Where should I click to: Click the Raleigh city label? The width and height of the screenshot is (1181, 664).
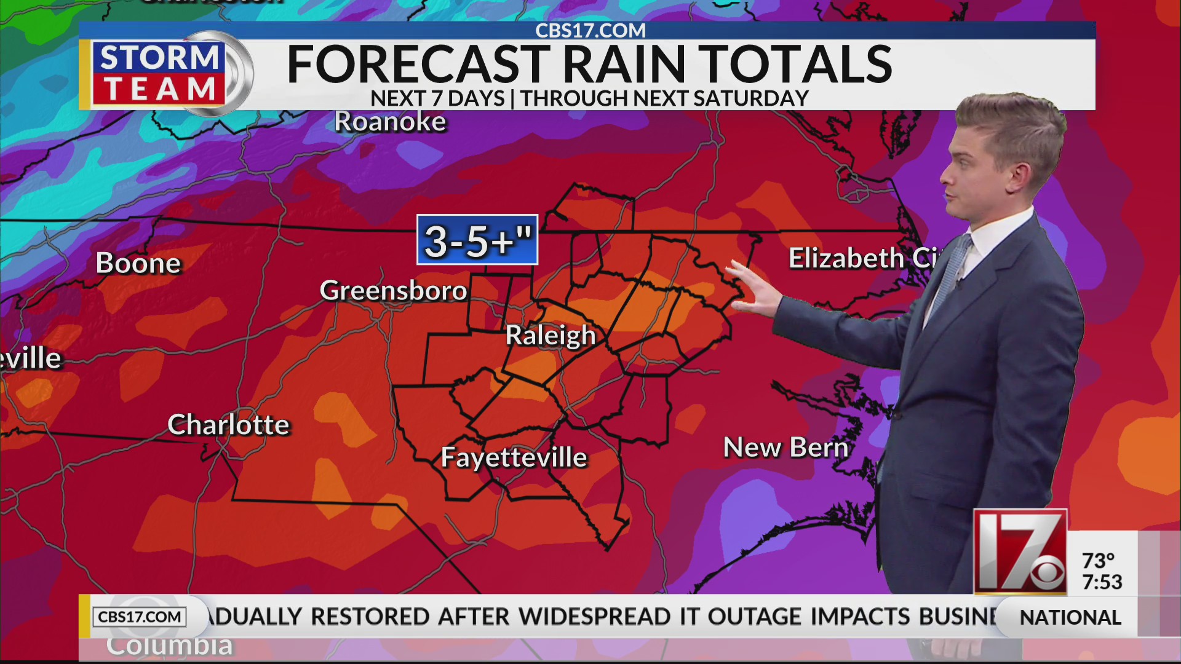click(x=551, y=336)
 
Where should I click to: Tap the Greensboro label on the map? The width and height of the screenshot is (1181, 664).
click(x=393, y=290)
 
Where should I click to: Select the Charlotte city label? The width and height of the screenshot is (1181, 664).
click(x=228, y=425)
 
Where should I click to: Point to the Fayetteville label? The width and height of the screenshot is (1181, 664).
click(x=514, y=457)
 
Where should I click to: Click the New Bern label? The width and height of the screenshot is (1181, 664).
click(x=785, y=447)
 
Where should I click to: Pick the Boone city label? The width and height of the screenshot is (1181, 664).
click(x=138, y=263)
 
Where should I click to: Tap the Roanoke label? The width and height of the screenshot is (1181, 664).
click(x=390, y=122)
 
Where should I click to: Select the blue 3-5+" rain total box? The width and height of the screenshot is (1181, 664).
click(x=477, y=240)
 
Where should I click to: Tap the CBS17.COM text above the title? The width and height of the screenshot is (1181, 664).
click(x=590, y=30)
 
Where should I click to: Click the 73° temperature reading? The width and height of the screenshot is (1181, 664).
click(x=1098, y=561)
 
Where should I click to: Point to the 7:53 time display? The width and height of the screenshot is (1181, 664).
click(x=1102, y=582)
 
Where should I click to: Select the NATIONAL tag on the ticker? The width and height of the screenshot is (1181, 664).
click(x=1070, y=617)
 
